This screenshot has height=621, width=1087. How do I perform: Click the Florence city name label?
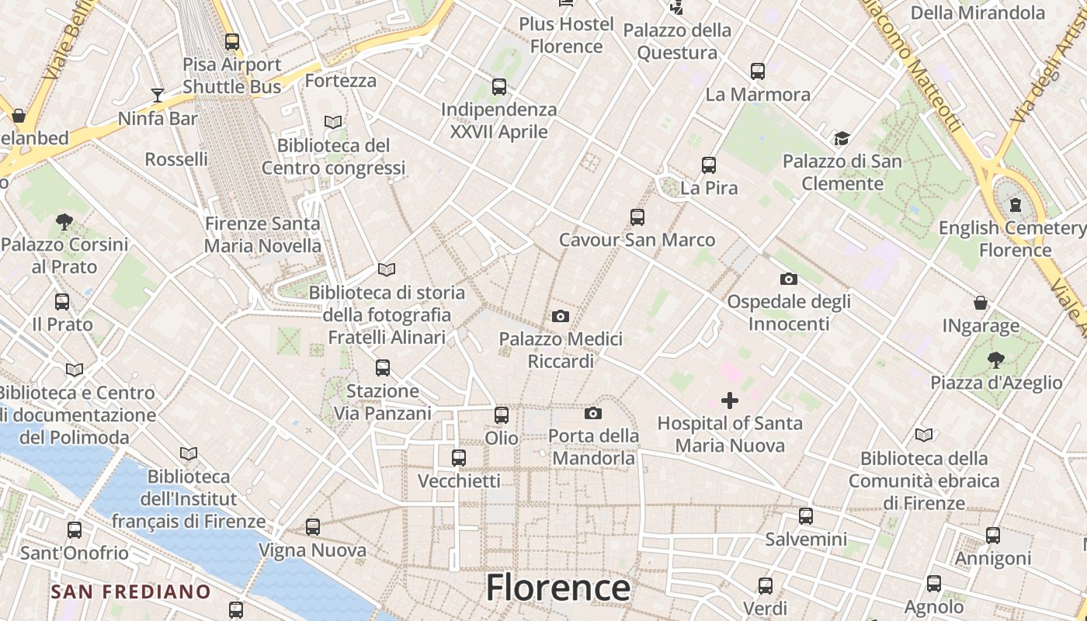pyautogui.click(x=557, y=588)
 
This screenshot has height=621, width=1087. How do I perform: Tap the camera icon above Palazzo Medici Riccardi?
pyautogui.click(x=560, y=316)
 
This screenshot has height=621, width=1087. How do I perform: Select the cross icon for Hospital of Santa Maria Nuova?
pyautogui.click(x=730, y=401)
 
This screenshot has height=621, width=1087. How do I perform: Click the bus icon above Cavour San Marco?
pyautogui.click(x=637, y=217)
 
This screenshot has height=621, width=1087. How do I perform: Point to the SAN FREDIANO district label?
pyautogui.click(x=130, y=592)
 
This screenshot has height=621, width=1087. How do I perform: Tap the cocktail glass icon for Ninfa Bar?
pyautogui.click(x=158, y=95)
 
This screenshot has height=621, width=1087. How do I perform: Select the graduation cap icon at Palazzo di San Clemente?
pyautogui.click(x=842, y=139)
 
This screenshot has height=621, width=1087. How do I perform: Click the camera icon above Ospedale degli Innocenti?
pyautogui.click(x=789, y=279)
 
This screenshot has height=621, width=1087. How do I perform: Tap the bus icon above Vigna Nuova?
pyautogui.click(x=313, y=527)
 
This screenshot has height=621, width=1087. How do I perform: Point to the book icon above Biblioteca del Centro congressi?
pyautogui.click(x=333, y=122)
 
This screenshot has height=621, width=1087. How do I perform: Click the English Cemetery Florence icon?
pyautogui.click(x=1015, y=206)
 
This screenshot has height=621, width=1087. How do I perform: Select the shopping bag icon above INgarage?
pyautogui.click(x=981, y=303)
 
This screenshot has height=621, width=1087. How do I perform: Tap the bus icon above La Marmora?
pyautogui.click(x=758, y=71)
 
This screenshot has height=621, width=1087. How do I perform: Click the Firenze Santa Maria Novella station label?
pyautogui.click(x=262, y=234)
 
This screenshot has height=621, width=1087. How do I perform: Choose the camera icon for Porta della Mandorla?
pyautogui.click(x=593, y=413)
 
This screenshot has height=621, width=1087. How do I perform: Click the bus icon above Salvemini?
pyautogui.click(x=806, y=515)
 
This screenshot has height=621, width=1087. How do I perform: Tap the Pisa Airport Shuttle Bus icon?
pyautogui.click(x=232, y=42)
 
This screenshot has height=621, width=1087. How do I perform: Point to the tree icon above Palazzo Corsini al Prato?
pyautogui.click(x=64, y=222)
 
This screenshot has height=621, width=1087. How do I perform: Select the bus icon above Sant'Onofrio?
pyautogui.click(x=75, y=530)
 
